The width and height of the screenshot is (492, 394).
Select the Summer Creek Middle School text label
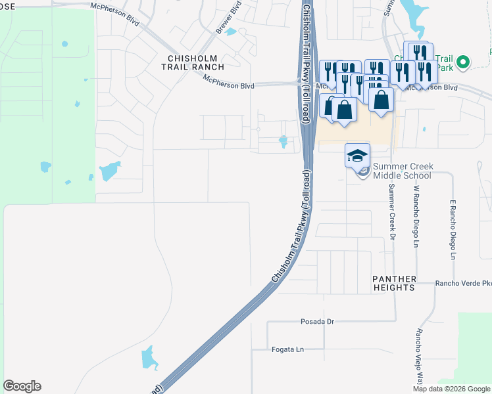pos(402,171)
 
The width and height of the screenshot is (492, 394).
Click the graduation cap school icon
pos(357,156)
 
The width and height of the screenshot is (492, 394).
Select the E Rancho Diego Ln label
pos(453,230)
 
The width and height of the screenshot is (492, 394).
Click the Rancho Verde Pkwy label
pos(463,284)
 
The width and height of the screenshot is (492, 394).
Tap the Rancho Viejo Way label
pos(418,355)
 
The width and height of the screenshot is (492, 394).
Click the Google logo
pos(22,386)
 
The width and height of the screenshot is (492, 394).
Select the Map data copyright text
pos(451,389)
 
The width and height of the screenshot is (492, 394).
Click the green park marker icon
pos(462,62)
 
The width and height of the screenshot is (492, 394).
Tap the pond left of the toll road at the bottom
pos(149,359)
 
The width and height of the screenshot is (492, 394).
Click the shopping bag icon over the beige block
pos(381,100)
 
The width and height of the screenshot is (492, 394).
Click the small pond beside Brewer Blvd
pos(230,32)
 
